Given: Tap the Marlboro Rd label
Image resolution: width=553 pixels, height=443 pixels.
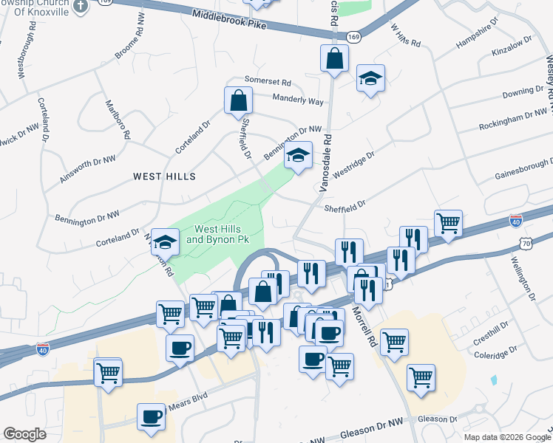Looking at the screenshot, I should coord(118,120).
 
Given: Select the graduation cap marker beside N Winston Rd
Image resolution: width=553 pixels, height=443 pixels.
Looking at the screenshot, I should coord(166,241).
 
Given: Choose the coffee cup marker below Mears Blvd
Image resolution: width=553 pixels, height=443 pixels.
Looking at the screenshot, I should coord(151,416).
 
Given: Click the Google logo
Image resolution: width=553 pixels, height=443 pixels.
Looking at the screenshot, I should coord(25,434).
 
